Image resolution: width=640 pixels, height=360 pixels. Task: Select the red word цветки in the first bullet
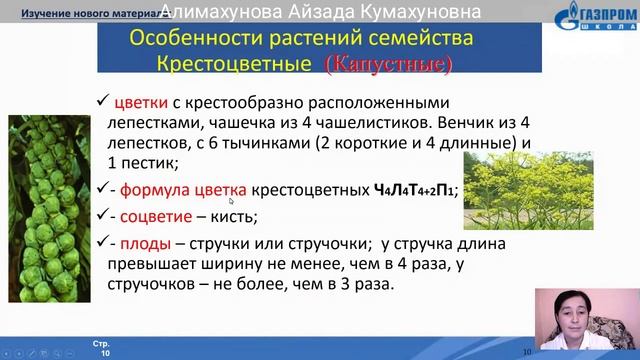click(141, 103)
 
